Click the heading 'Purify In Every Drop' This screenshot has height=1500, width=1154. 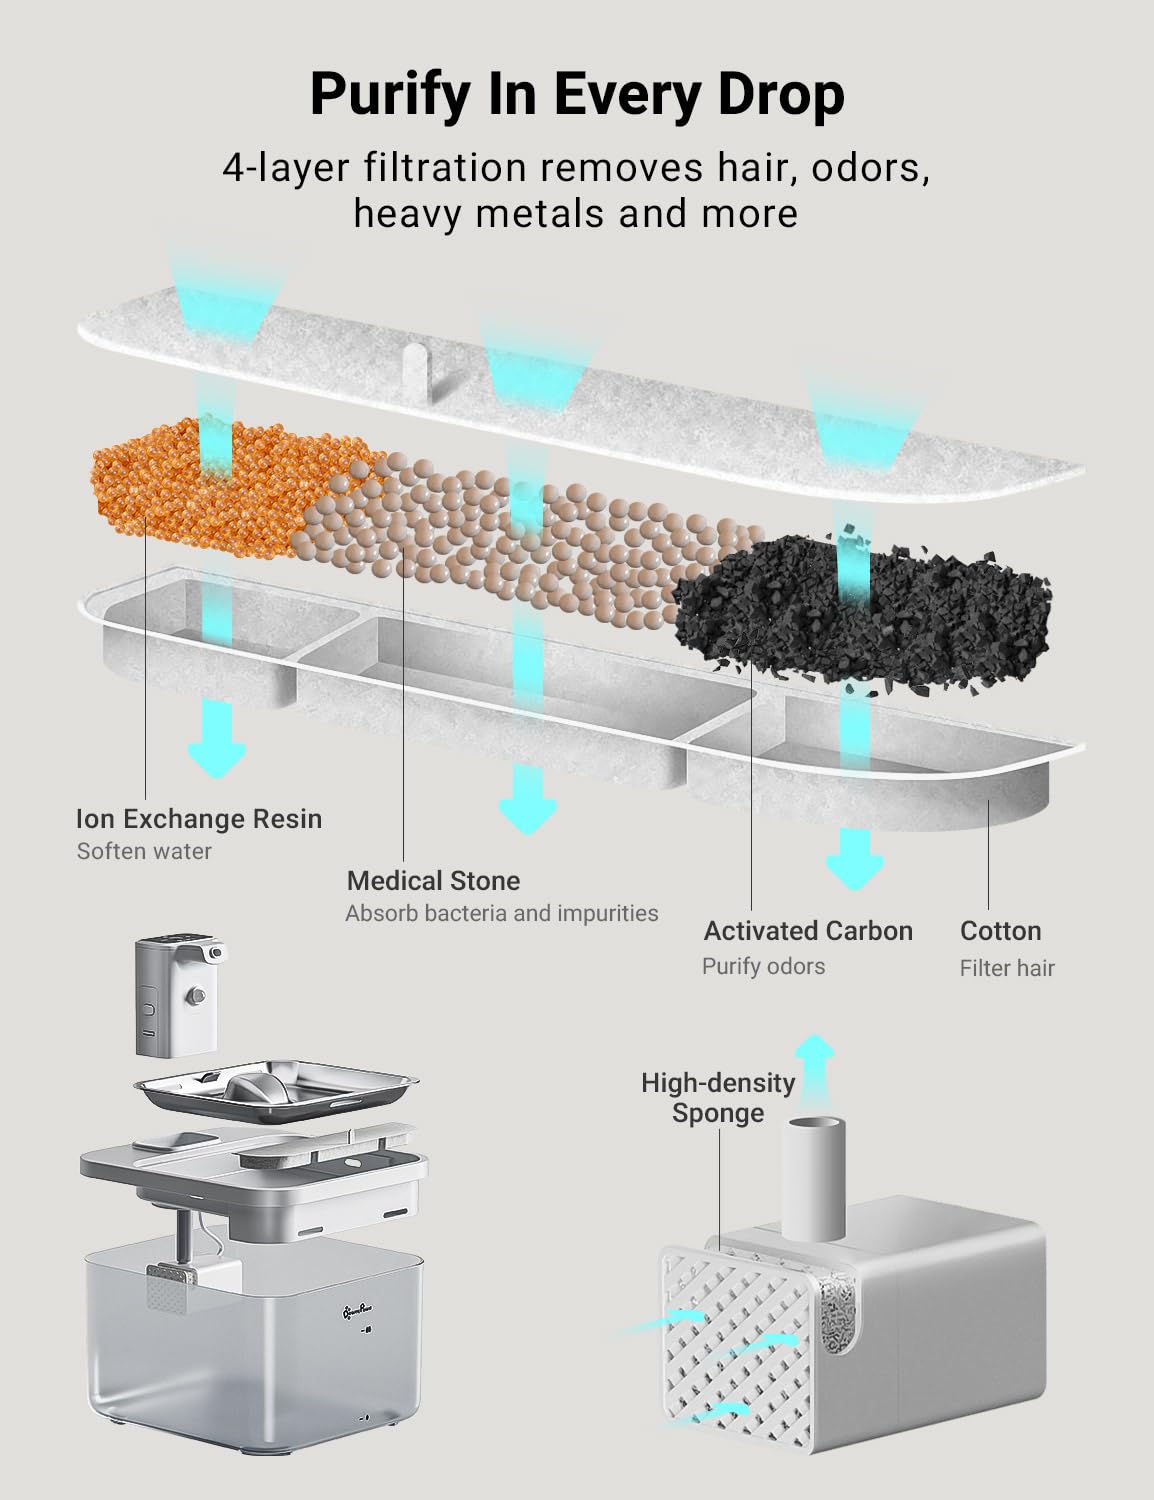(x=577, y=95)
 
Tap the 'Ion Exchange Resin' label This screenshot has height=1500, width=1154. (x=199, y=819)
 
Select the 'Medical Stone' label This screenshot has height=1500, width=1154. (x=433, y=881)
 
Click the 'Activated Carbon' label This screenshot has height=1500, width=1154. (x=808, y=931)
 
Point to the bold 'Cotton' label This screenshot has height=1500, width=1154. (x=1001, y=931)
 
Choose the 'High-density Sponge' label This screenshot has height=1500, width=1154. (x=718, y=1098)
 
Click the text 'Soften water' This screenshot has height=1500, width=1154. (x=144, y=851)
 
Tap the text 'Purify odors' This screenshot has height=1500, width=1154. (x=763, y=966)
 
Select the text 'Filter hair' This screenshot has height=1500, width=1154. (x=1007, y=968)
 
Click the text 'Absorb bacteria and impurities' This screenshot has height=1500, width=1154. (x=502, y=913)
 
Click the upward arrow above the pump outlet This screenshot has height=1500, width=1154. (x=814, y=1073)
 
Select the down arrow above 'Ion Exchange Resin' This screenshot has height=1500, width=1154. (x=217, y=740)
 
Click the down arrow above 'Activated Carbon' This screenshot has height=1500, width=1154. (x=854, y=859)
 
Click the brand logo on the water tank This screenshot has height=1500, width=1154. (x=358, y=1311)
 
